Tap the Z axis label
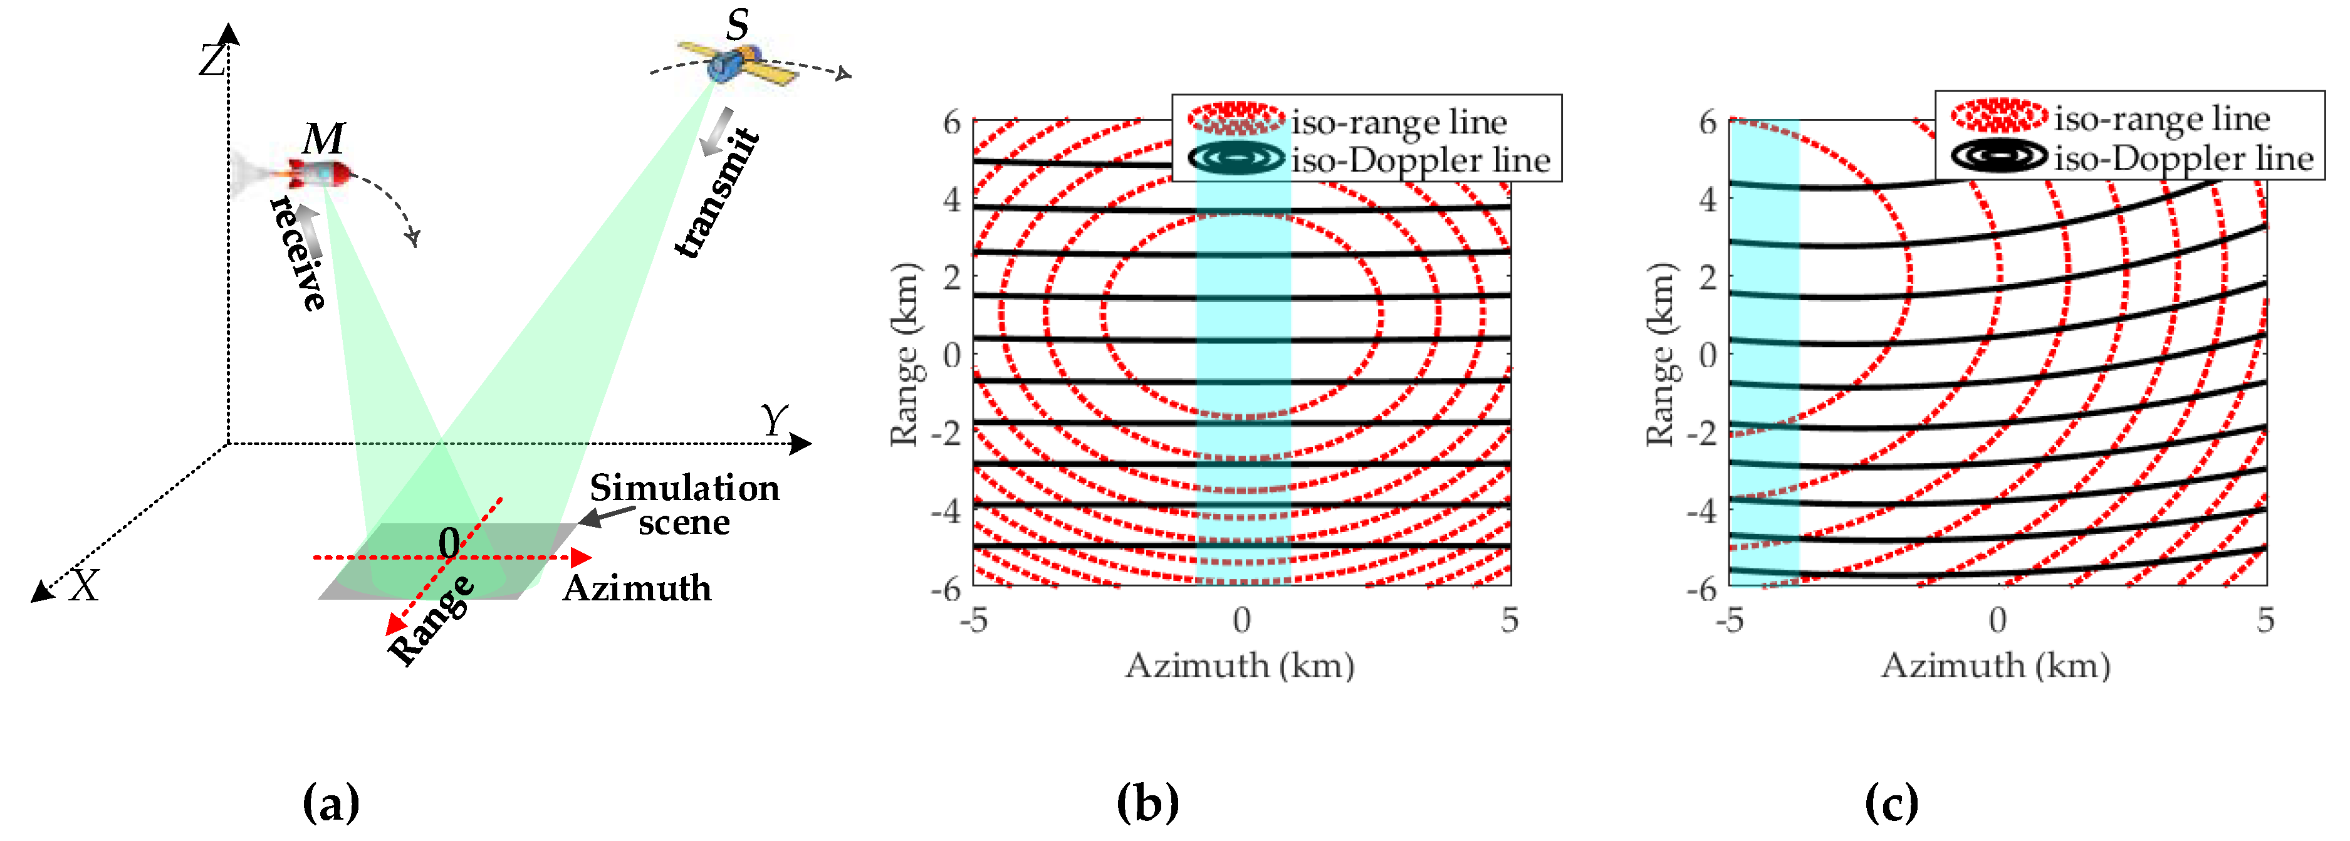point(212,62)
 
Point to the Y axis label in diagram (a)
point(773,420)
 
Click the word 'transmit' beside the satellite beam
point(717,194)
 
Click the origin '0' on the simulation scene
point(449,543)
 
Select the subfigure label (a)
point(330,803)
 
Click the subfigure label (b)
point(1147,803)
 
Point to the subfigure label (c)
point(1891,803)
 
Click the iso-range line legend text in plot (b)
point(1399,122)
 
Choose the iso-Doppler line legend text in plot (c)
point(2184,159)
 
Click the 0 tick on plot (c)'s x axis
point(1998,621)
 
